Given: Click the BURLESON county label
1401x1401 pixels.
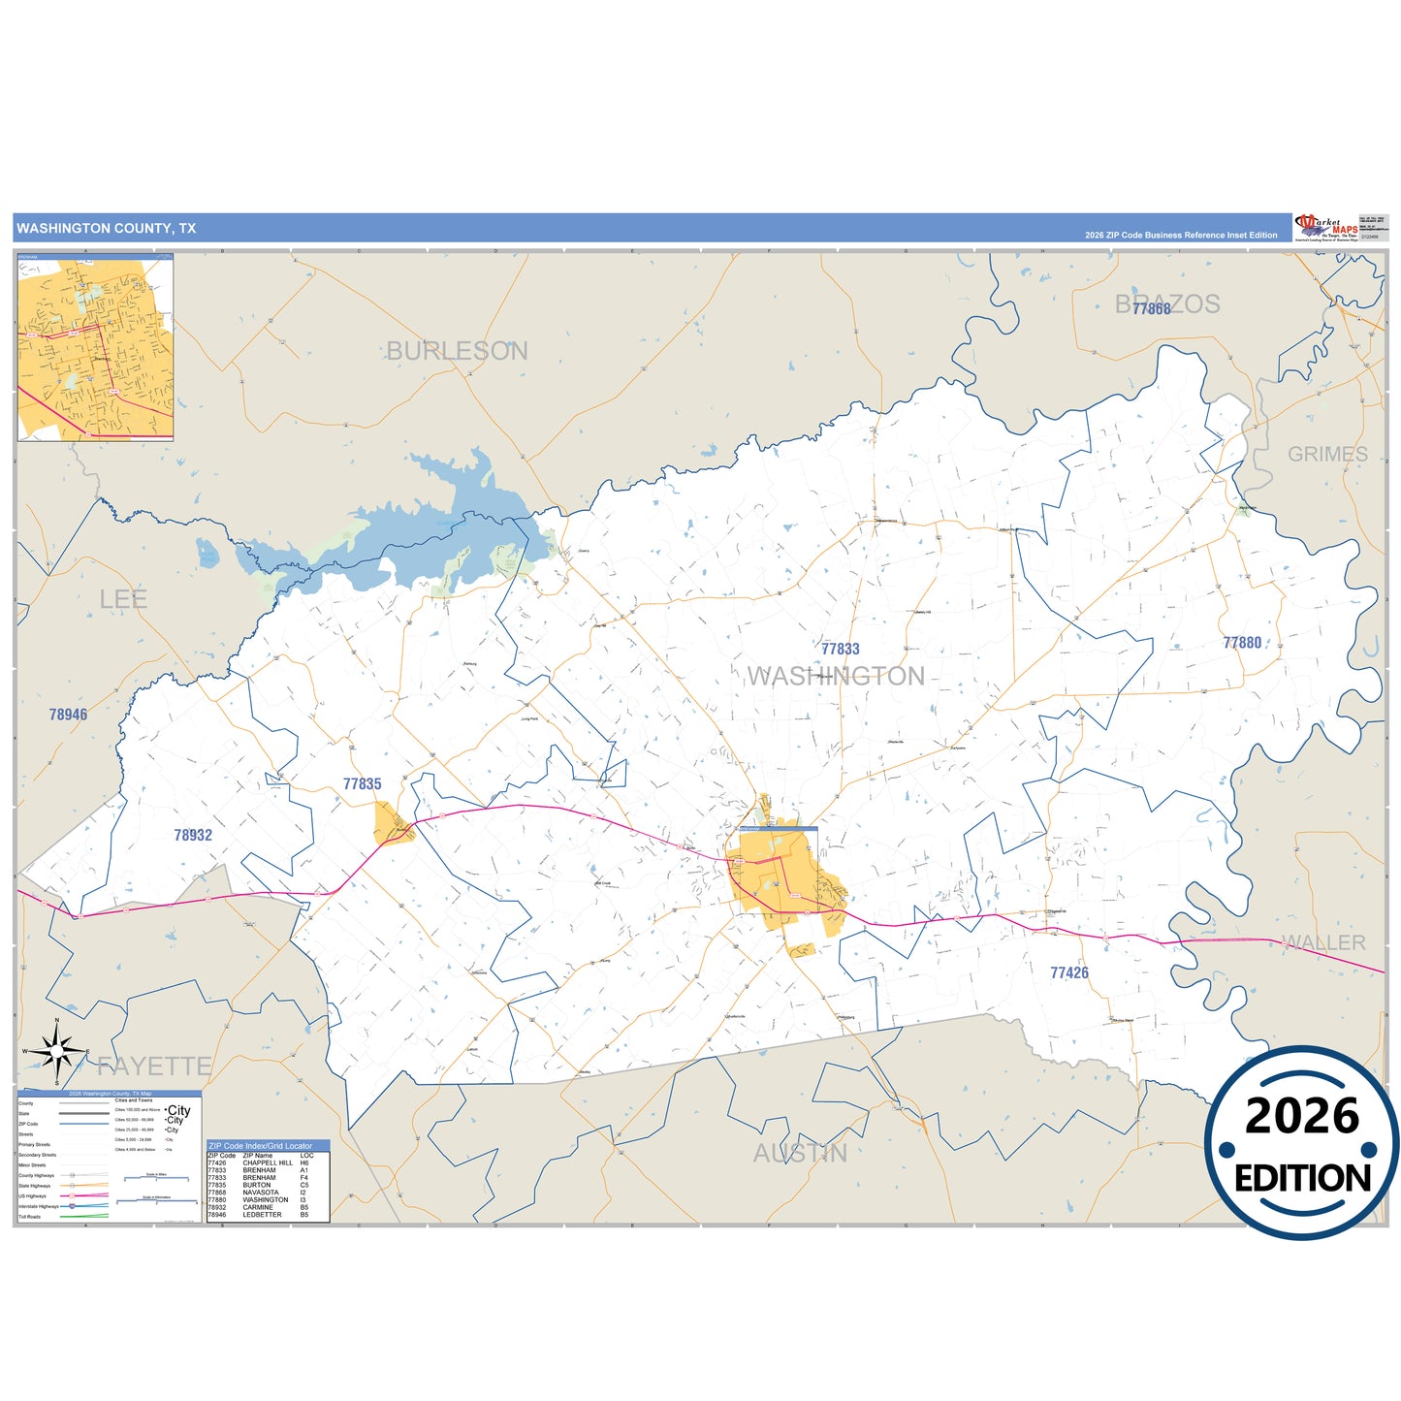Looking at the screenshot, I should pos(457,351).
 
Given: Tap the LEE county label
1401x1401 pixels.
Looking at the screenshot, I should pos(123,599).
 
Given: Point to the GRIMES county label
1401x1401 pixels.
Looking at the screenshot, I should pos(1327,454).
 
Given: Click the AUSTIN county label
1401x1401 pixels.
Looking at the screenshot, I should pos(800,1153).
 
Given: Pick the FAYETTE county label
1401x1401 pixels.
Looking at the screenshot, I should pos(154,1067).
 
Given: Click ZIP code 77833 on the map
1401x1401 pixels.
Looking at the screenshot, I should pos(840,649).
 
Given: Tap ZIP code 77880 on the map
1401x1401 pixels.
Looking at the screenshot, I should pos(1242,643).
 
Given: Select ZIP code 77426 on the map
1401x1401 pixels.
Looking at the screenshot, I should pos(1068,972).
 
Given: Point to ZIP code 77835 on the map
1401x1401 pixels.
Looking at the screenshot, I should pos(362,783).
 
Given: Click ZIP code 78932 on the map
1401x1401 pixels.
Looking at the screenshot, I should pos(193,835).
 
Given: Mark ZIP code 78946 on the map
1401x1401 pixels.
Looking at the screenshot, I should pos(68,715).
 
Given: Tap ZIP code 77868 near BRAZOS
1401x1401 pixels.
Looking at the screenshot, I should pos(1151,308).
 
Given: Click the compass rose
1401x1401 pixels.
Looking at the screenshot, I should pos(56,1051).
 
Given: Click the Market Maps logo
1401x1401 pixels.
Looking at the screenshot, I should pos(1325,227).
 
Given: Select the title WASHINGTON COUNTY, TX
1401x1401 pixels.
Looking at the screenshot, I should pos(106,229).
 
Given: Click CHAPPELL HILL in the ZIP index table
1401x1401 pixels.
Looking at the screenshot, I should pos(268,1162).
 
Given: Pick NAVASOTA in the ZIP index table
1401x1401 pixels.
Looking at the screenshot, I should pos(260,1193).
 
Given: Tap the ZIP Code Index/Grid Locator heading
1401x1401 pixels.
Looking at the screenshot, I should pos(260,1146).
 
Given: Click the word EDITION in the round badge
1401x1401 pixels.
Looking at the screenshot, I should pos(1301,1178).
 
